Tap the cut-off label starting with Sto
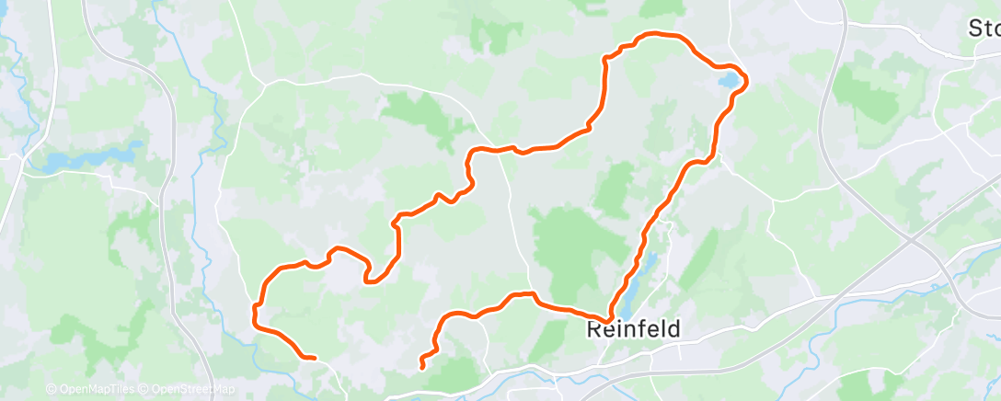[984, 29]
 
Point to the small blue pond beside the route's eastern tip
[728, 82]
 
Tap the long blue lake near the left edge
[87, 157]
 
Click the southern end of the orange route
[422, 367]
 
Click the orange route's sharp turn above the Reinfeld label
[608, 318]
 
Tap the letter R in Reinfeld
[595, 328]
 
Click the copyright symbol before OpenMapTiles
[51, 390]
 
